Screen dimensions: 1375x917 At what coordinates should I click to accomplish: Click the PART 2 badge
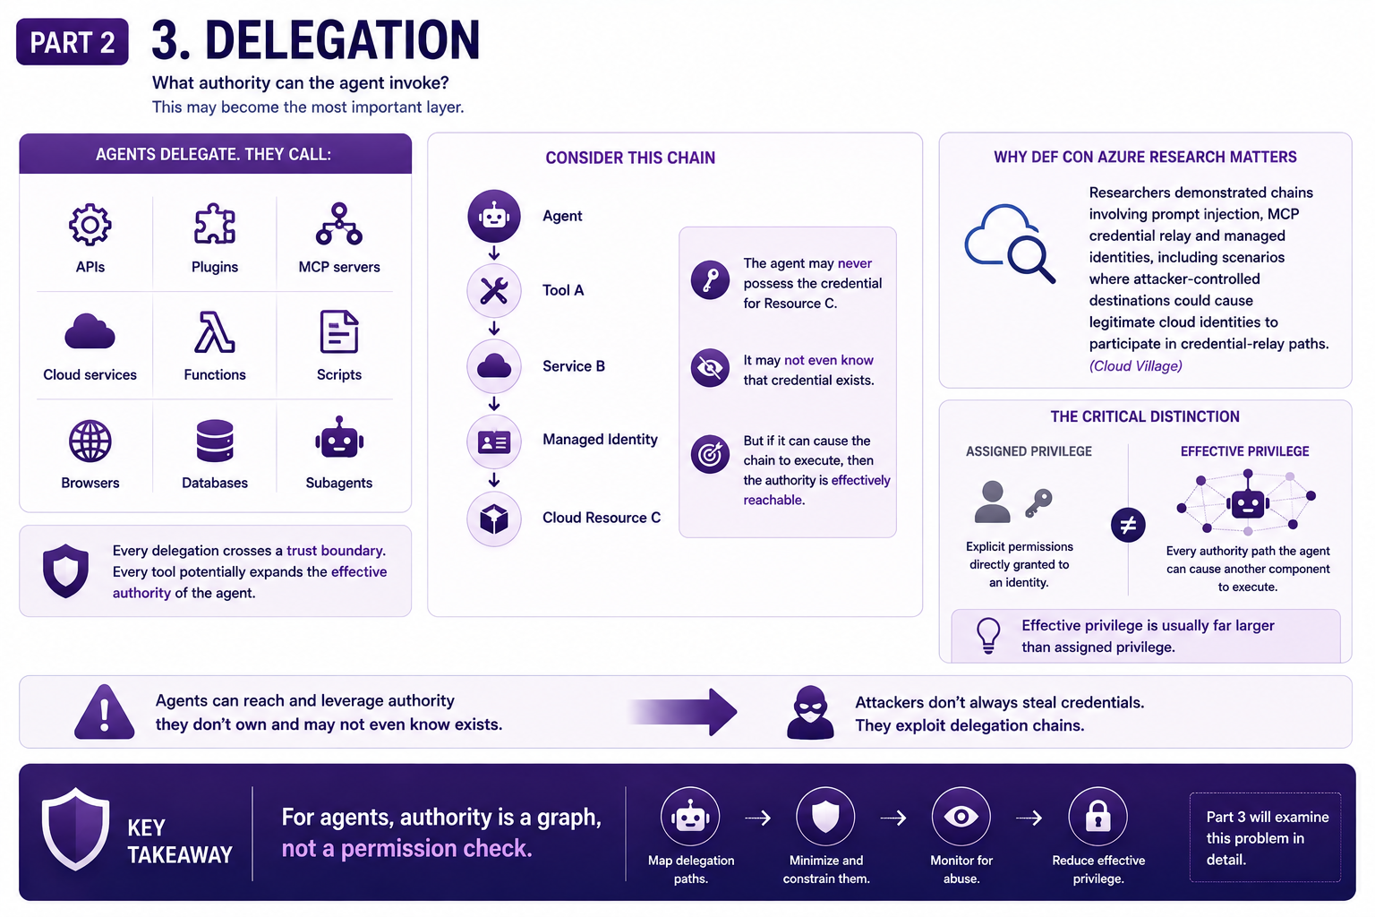point(73,42)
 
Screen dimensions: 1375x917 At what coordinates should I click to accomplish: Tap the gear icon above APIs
point(90,225)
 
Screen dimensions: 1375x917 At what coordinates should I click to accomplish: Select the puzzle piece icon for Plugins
point(215,224)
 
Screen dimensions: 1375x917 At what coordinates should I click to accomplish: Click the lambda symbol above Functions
point(214,331)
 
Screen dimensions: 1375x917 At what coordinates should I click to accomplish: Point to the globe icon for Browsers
point(90,441)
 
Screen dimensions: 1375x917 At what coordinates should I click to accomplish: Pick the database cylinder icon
point(215,441)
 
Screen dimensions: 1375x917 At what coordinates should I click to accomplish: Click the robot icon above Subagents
point(339,438)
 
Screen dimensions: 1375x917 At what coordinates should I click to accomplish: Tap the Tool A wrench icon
point(494,290)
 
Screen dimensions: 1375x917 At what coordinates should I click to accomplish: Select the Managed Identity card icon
point(494,441)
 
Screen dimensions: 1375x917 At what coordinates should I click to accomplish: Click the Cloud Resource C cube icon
point(494,519)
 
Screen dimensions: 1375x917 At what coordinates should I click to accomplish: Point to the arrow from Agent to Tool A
point(494,253)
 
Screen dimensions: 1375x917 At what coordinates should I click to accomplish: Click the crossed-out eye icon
point(710,368)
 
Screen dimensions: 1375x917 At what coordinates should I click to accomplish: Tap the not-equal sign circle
point(1128,525)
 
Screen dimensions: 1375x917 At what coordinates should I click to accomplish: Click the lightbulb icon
point(988,635)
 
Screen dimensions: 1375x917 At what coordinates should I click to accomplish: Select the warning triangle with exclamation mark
point(105,712)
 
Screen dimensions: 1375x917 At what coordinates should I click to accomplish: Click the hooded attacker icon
point(810,712)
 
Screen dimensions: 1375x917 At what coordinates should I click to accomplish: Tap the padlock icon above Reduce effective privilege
point(1098,817)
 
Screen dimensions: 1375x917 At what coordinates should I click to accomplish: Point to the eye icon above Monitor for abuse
point(961,817)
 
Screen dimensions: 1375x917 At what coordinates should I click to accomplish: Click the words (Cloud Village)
point(1136,366)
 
